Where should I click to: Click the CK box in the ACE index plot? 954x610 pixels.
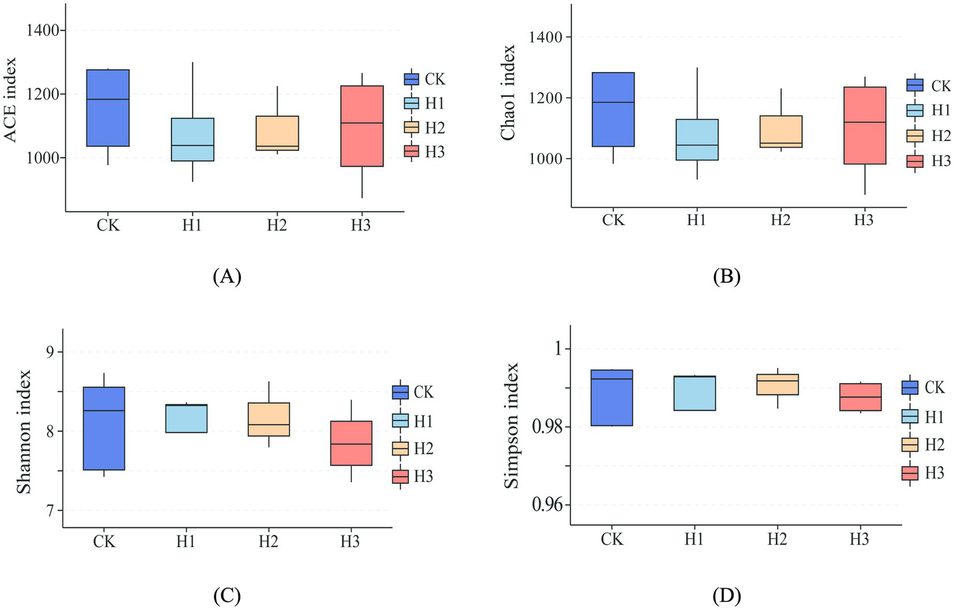108,108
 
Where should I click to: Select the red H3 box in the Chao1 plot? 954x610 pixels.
864,125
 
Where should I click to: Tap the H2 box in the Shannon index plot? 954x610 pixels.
268,419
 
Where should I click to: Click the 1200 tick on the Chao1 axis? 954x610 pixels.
545,98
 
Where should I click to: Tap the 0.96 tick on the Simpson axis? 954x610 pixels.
547,505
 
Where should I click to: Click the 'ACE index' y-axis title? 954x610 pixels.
11,99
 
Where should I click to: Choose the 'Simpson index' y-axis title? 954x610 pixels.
511,426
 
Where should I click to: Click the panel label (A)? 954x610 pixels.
226,276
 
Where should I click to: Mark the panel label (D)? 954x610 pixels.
727,596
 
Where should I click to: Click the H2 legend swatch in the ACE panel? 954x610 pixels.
411,127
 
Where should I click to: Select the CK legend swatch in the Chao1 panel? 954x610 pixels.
915,85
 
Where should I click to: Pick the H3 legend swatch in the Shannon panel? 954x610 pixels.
400,476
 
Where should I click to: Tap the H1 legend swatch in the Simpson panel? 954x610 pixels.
910,416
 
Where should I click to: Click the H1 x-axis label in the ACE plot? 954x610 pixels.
192,225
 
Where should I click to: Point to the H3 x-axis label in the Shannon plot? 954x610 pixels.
350,542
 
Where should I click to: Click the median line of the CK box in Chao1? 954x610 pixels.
613,102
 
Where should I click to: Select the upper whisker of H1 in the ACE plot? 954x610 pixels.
193,90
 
